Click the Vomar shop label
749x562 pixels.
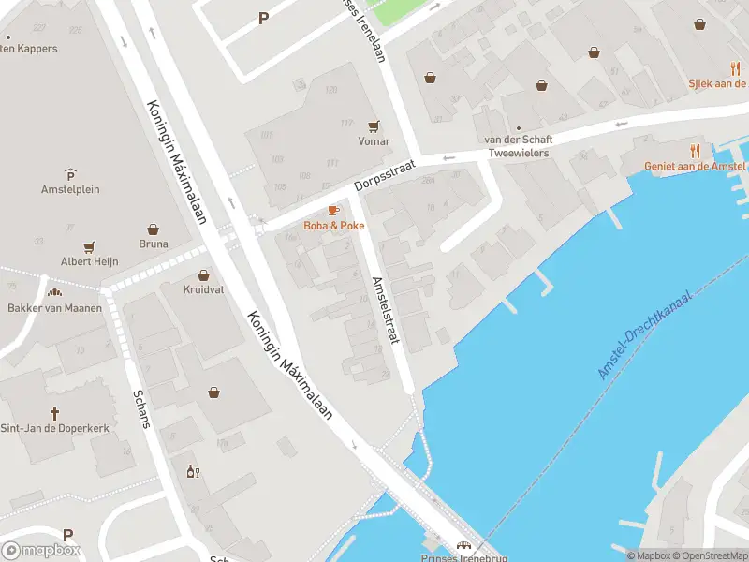(374, 141)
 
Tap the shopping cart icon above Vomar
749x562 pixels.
(374, 126)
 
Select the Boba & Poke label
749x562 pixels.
(334, 226)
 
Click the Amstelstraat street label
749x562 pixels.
(386, 310)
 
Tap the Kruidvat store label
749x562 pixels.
(203, 289)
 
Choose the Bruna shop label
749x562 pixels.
(153, 244)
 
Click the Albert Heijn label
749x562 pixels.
(89, 261)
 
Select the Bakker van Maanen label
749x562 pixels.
(54, 308)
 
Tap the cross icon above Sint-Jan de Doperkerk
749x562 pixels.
(54, 412)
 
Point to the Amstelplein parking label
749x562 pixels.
(70, 188)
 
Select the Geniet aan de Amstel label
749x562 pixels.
(695, 166)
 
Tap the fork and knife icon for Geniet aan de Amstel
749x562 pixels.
(695, 150)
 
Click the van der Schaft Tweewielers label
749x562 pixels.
(516, 146)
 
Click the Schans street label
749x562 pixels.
(142, 407)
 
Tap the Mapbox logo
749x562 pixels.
(40, 551)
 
